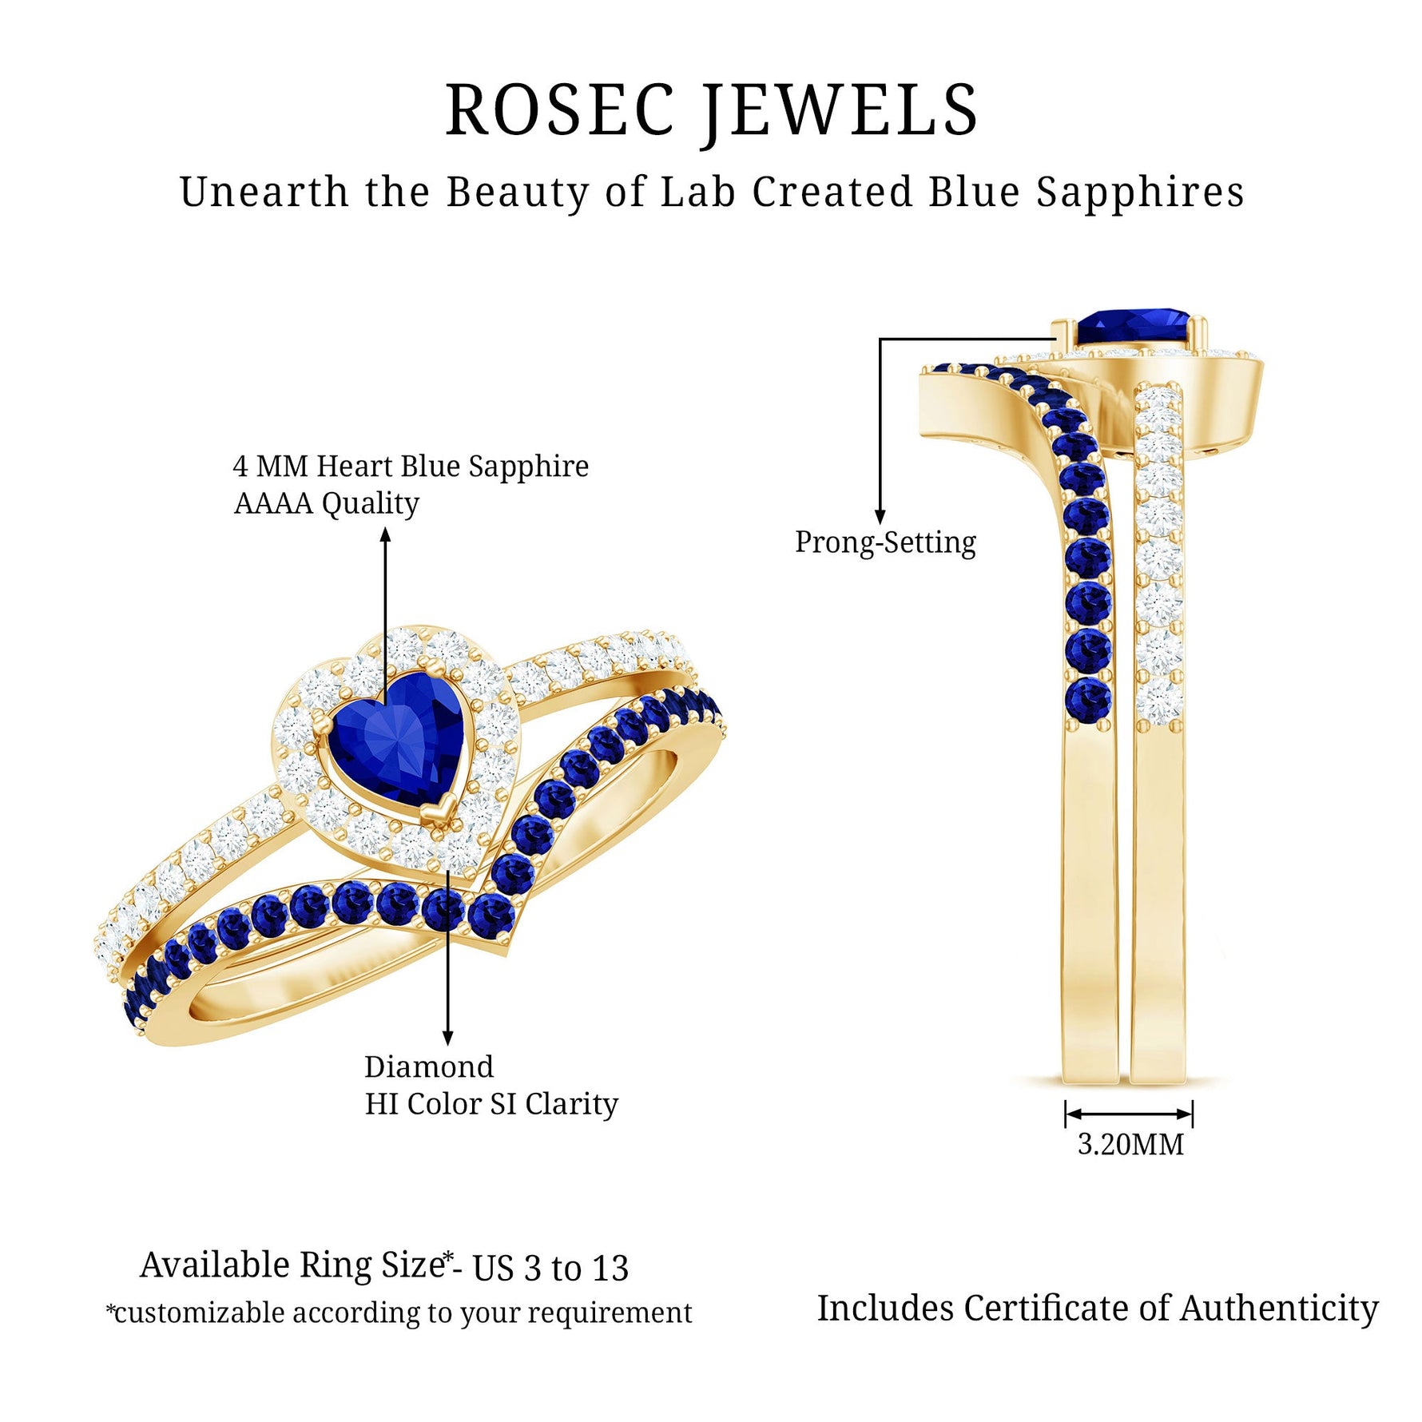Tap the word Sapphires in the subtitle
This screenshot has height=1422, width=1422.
pos(1140,193)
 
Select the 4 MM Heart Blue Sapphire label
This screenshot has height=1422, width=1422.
pos(411,466)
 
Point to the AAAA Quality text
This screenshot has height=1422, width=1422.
pos(326,503)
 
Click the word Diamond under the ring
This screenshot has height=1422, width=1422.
pos(429,1066)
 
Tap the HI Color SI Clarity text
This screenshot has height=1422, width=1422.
pos(491,1104)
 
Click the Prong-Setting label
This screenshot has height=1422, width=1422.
pos(885,542)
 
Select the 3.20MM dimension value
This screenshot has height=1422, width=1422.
pos(1130,1144)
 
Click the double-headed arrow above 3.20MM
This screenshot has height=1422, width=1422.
pos(1129,1114)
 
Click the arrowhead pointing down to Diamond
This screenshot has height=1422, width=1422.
pos(448,1038)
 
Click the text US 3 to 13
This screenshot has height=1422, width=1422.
pos(550,1268)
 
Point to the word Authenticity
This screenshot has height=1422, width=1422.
pos(1279,1309)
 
